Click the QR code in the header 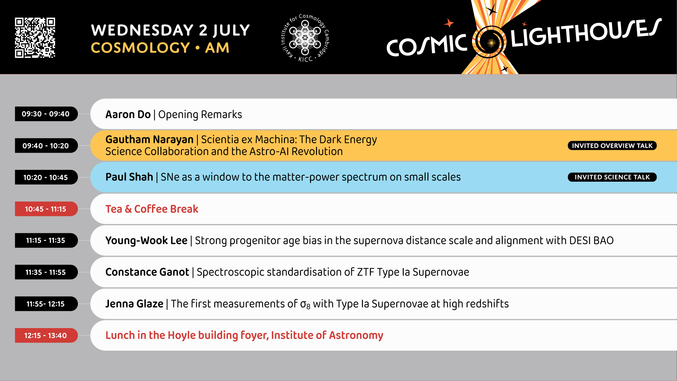click(35, 37)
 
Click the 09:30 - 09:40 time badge click(46, 114)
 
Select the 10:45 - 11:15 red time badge click(46, 209)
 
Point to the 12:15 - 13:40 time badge click(46, 335)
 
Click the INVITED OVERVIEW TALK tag click(612, 146)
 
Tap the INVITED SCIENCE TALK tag click(612, 177)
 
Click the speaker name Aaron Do click(128, 115)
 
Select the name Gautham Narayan click(150, 140)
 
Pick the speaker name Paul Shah click(129, 177)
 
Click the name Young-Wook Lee click(146, 241)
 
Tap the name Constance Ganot click(147, 272)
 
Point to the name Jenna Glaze click(134, 304)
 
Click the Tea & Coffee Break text click(152, 209)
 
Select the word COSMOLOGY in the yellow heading click(141, 48)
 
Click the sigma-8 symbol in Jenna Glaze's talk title click(305, 304)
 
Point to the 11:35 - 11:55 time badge click(46, 272)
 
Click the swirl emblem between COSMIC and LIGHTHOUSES click(489, 42)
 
